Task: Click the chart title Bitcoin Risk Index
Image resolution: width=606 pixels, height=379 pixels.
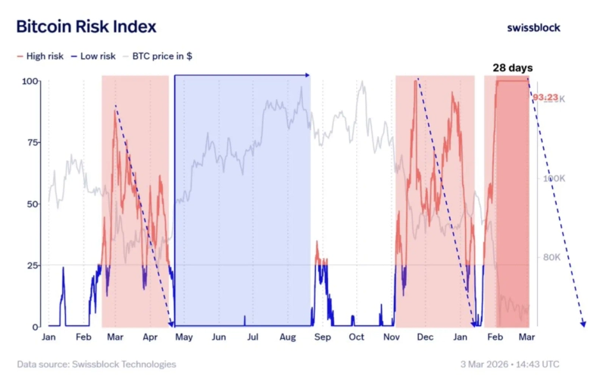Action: [86, 27]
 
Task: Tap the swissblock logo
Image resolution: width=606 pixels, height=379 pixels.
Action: [534, 27]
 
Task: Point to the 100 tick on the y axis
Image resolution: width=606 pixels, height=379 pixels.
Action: [31, 81]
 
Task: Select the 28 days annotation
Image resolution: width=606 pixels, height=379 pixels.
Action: [512, 68]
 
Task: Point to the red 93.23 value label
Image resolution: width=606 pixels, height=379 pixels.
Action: [545, 97]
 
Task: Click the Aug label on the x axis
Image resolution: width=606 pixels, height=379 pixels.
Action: [287, 337]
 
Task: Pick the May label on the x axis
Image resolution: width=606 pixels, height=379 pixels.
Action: [184, 337]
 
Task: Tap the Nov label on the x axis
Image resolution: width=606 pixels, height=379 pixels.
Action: [391, 337]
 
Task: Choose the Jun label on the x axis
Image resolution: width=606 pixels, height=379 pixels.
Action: [219, 337]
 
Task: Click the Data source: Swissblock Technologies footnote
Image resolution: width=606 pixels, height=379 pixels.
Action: [96, 365]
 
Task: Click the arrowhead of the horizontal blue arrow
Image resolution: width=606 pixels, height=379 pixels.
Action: [307, 75]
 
